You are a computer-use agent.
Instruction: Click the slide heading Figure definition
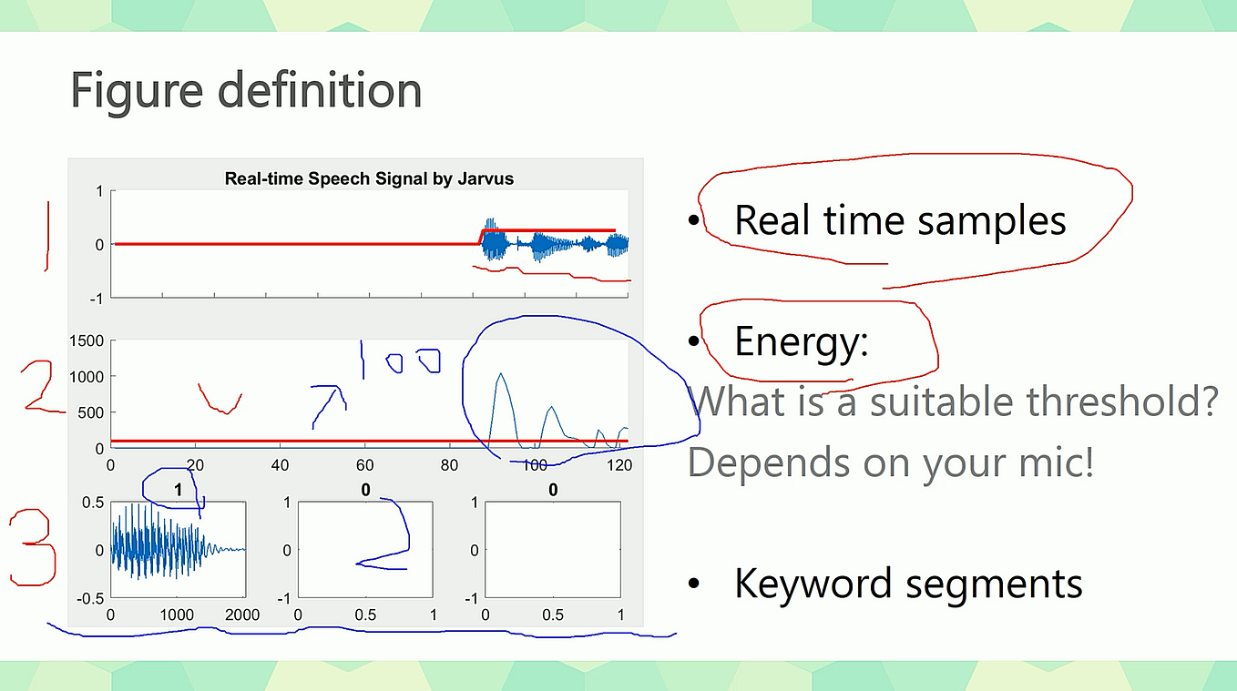(246, 91)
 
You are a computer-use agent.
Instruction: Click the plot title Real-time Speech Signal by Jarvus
(369, 178)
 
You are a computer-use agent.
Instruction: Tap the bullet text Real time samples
(899, 220)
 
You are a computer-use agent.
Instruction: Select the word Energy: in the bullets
(801, 341)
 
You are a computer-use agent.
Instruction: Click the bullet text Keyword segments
(907, 584)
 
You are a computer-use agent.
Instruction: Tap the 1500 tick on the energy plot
(88, 340)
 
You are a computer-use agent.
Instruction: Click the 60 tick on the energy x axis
(364, 465)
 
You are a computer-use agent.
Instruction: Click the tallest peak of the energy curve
(499, 374)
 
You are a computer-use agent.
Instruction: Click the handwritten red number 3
(33, 549)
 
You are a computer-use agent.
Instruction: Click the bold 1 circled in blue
(179, 491)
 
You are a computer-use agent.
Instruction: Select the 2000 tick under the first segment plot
(242, 615)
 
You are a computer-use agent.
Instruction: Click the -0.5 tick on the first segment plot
(91, 598)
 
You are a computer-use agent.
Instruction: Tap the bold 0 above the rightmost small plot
(553, 491)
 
